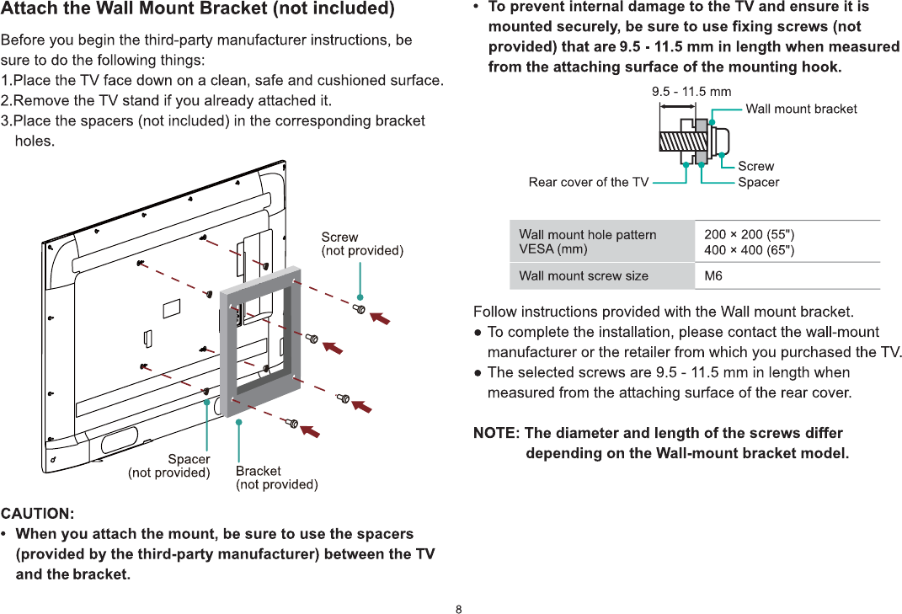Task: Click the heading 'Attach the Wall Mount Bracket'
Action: tap(197, 10)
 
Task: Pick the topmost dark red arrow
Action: tap(382, 318)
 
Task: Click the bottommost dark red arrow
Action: tap(311, 430)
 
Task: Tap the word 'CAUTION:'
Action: tap(37, 513)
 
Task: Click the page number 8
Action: tap(459, 609)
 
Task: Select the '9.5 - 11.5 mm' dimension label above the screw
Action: tap(691, 91)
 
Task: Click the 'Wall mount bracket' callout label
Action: tap(801, 109)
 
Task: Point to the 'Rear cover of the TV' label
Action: tap(589, 182)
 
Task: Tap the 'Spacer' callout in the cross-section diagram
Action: tap(758, 182)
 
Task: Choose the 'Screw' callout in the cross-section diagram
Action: tap(755, 166)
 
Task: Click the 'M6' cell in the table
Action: tap(713, 275)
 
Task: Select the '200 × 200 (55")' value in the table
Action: tap(749, 234)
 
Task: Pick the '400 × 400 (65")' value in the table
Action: tap(749, 249)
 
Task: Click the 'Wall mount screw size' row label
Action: tap(584, 275)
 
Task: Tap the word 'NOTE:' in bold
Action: tap(496, 433)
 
